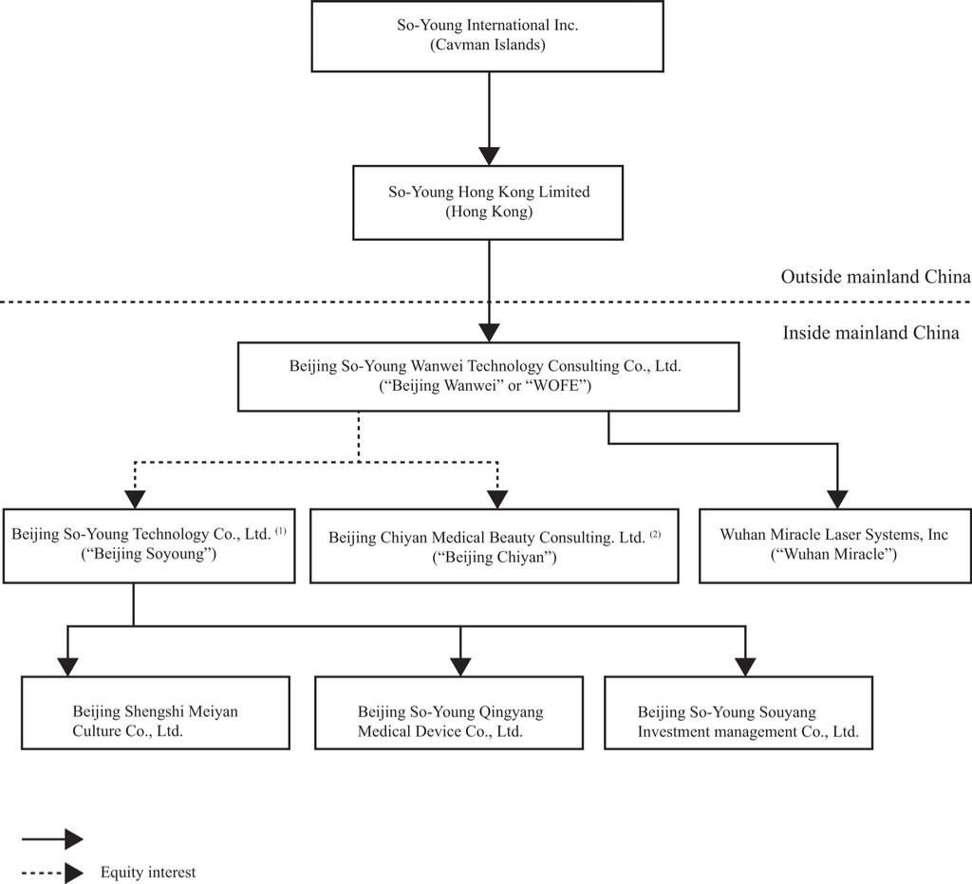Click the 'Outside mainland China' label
pos(875,276)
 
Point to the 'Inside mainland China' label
pos(870,333)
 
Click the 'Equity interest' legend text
pos(148,873)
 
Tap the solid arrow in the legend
pos(52,839)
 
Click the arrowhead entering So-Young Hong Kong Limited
pos(489,157)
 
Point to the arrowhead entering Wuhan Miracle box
pos(837,499)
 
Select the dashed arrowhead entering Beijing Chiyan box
pos(497,499)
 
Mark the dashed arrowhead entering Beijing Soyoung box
pos(135,499)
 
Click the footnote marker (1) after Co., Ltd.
pos(281,531)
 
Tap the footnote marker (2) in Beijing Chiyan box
pos(655,534)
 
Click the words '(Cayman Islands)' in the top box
pos(488,45)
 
